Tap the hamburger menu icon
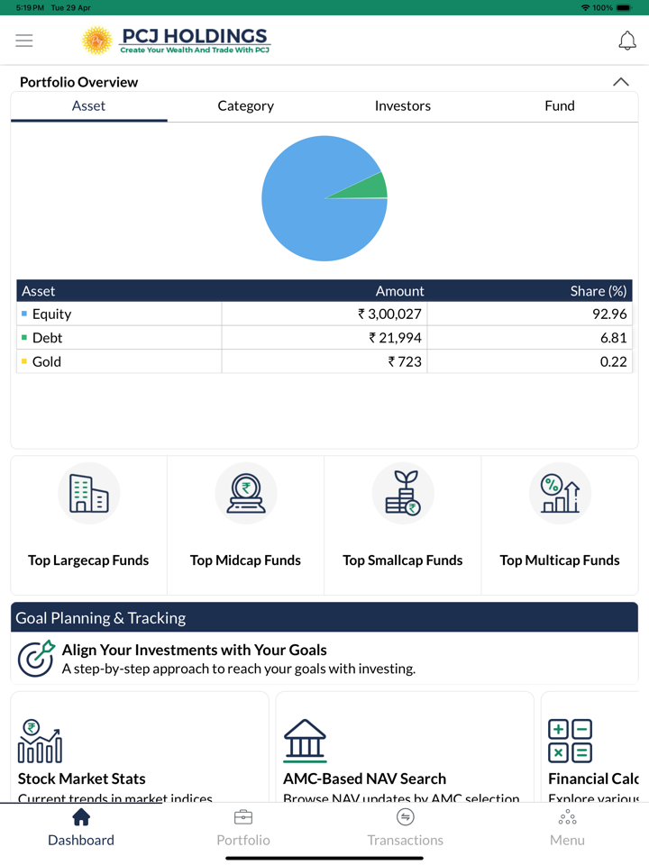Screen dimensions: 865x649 click(24, 41)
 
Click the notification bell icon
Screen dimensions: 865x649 click(626, 41)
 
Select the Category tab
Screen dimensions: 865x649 click(245, 105)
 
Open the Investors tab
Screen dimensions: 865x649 click(402, 105)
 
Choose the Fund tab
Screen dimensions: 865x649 click(559, 105)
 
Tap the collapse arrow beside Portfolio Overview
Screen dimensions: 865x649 click(620, 82)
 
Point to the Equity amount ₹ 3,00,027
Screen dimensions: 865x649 click(390, 314)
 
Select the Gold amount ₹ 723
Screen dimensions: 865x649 click(405, 361)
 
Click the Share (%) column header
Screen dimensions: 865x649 click(598, 291)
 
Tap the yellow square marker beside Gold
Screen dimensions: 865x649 click(24, 361)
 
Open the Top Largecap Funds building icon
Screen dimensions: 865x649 click(88, 494)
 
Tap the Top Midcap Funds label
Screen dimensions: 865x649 click(245, 560)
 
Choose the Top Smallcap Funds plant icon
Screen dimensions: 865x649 click(402, 494)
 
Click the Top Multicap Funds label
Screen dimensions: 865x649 click(559, 560)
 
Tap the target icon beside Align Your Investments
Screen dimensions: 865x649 click(36, 659)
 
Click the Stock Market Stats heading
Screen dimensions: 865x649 click(82, 778)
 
